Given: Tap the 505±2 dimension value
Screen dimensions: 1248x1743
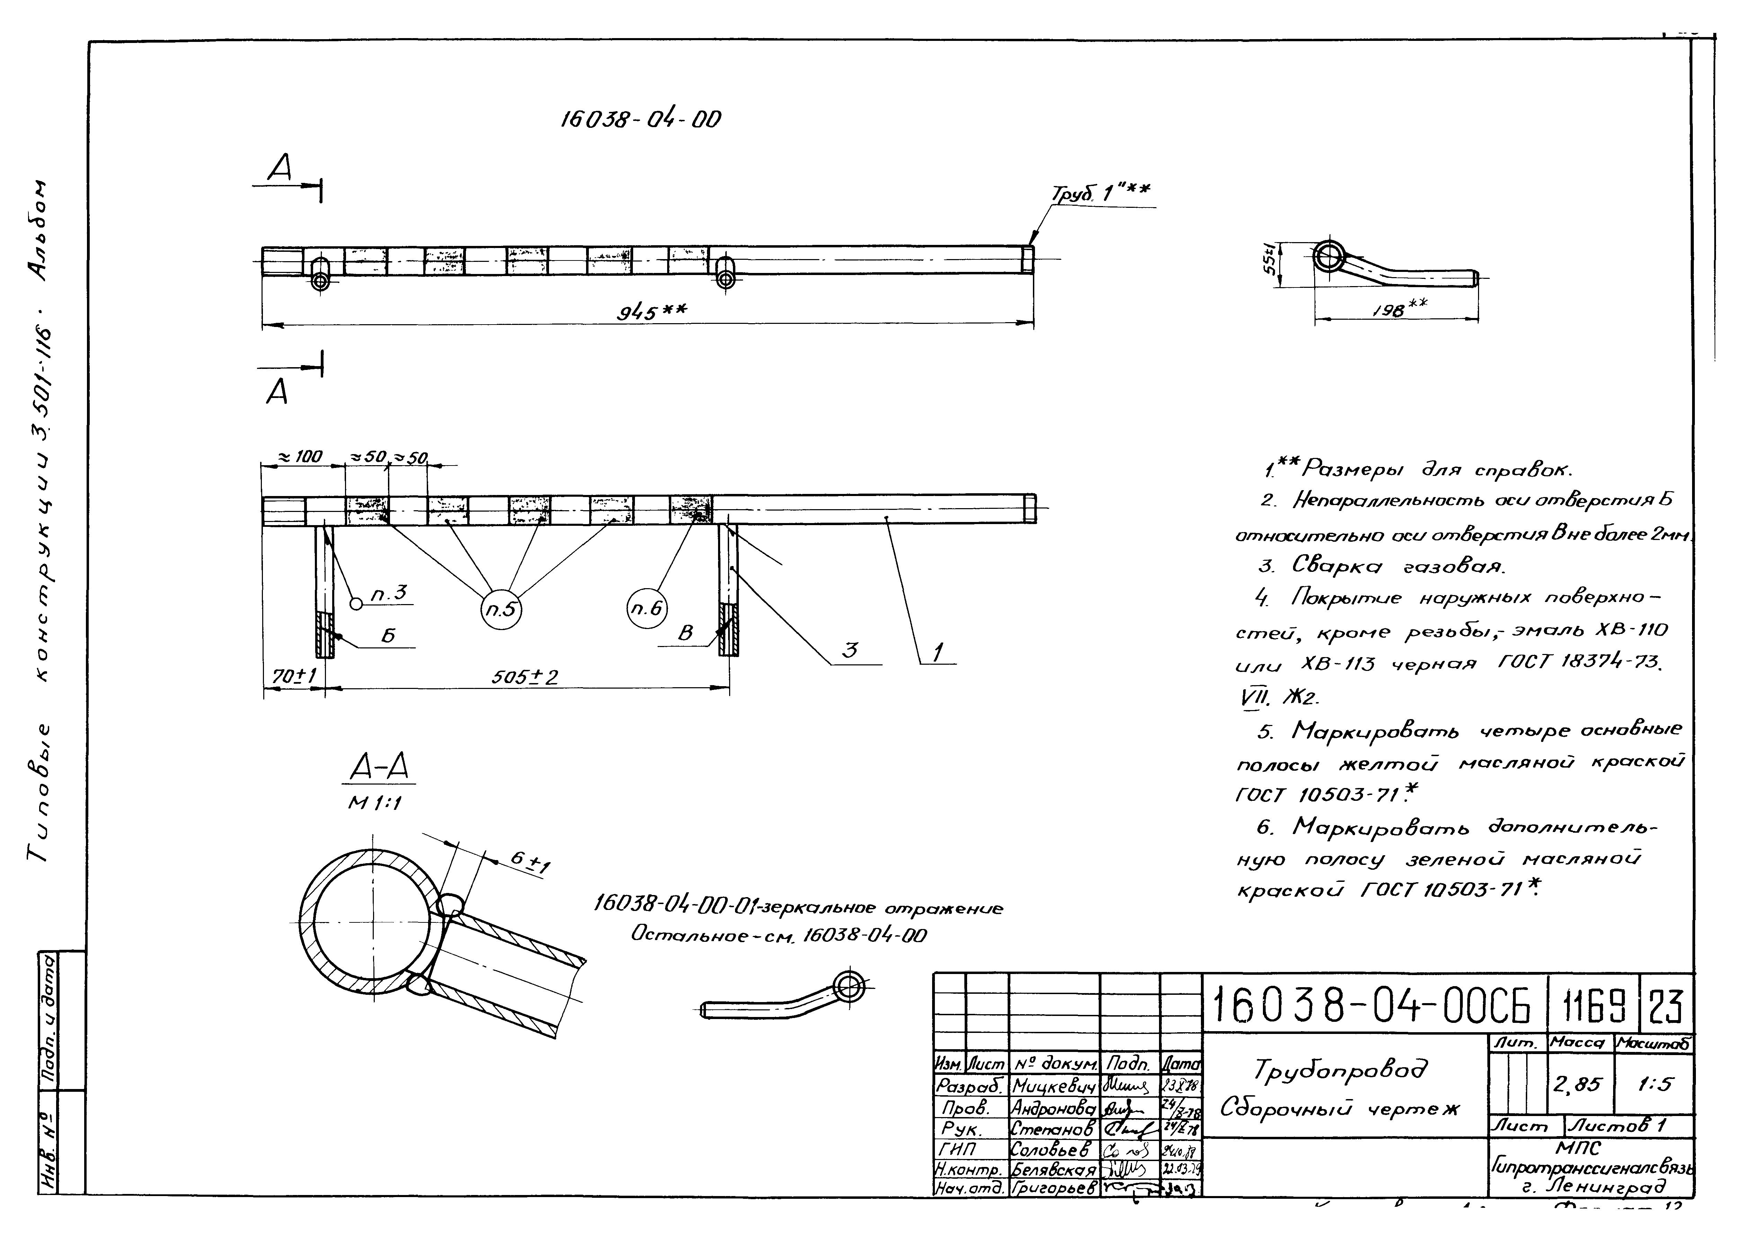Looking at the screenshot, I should coord(525,677).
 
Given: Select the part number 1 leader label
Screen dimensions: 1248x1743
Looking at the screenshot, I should coord(938,653).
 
